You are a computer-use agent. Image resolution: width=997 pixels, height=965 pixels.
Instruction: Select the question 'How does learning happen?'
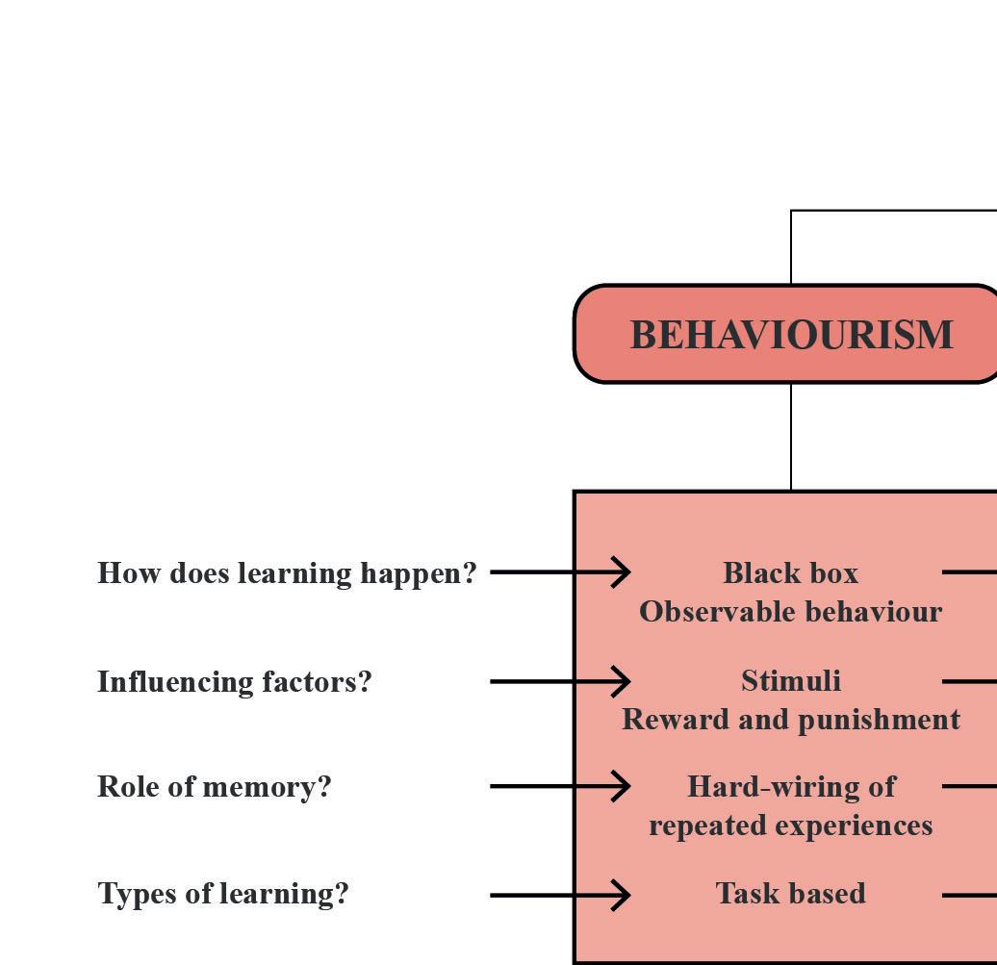287,573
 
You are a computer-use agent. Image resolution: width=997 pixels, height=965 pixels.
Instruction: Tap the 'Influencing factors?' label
234,682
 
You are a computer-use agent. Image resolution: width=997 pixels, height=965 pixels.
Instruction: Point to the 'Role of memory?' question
214,787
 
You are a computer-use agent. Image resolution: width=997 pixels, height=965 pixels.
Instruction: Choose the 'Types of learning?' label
222,894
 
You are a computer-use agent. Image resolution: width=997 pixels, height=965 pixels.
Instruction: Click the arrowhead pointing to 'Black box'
621,571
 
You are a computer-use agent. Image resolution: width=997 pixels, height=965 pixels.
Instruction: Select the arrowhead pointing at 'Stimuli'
621,681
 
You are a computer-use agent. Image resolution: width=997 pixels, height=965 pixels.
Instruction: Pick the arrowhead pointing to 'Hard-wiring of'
621,786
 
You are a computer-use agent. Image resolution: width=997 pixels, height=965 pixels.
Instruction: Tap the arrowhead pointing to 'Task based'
621,895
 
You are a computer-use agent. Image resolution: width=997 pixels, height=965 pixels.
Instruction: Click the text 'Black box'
790,573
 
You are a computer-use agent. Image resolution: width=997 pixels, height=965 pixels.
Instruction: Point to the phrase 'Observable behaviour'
790,612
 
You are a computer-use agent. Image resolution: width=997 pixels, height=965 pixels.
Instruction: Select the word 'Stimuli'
790,681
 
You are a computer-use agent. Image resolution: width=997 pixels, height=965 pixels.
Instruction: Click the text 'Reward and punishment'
790,720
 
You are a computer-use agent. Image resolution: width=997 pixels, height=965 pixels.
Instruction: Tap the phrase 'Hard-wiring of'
790,787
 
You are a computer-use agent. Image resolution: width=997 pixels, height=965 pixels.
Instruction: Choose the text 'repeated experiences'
790,825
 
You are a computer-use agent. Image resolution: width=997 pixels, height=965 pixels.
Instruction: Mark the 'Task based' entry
790,894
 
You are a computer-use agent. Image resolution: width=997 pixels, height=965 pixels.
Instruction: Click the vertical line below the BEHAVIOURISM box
791,437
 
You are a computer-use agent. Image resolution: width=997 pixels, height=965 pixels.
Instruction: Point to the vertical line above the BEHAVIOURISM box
791,247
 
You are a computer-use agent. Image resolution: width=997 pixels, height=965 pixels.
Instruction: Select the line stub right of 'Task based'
969,895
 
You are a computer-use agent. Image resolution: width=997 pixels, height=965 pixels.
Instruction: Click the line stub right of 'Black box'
969,571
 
